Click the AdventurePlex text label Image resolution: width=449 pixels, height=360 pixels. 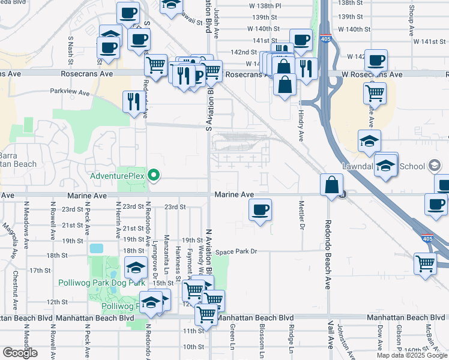click(x=118, y=176)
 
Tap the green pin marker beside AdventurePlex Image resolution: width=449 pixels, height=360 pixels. click(x=154, y=176)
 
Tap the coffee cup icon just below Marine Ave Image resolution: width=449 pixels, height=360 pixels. click(x=260, y=210)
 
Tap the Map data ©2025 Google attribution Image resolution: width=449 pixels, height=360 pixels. click(x=412, y=355)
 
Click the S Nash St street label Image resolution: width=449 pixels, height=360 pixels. click(x=70, y=50)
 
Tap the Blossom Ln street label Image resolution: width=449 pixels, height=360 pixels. click(x=262, y=339)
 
